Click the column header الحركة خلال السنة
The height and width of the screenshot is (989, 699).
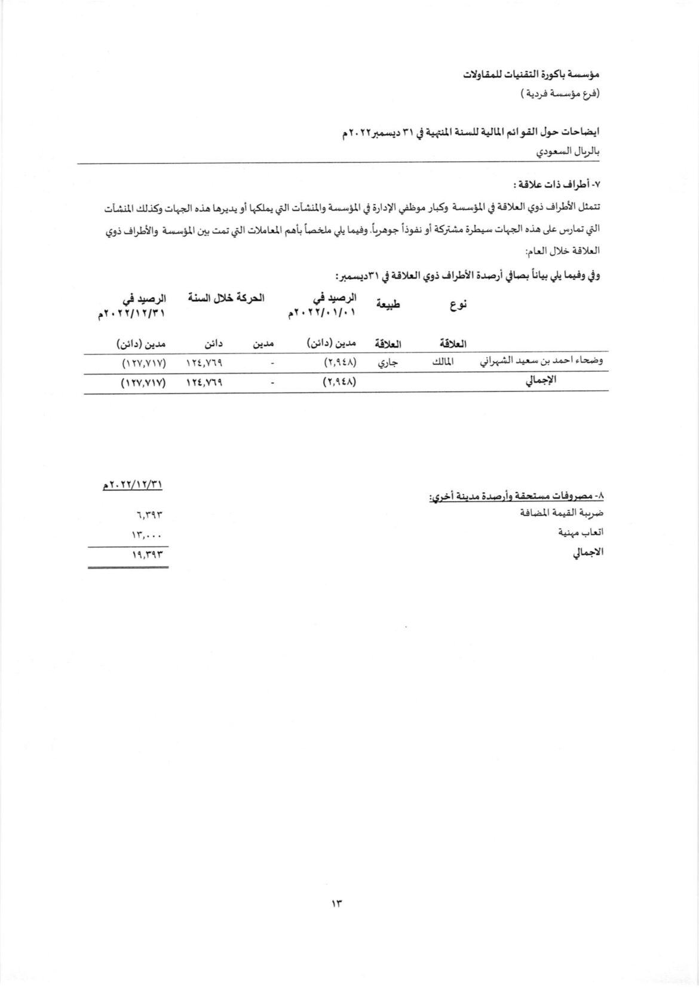[x=226, y=297]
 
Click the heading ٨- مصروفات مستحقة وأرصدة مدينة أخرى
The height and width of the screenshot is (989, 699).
[x=517, y=496]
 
